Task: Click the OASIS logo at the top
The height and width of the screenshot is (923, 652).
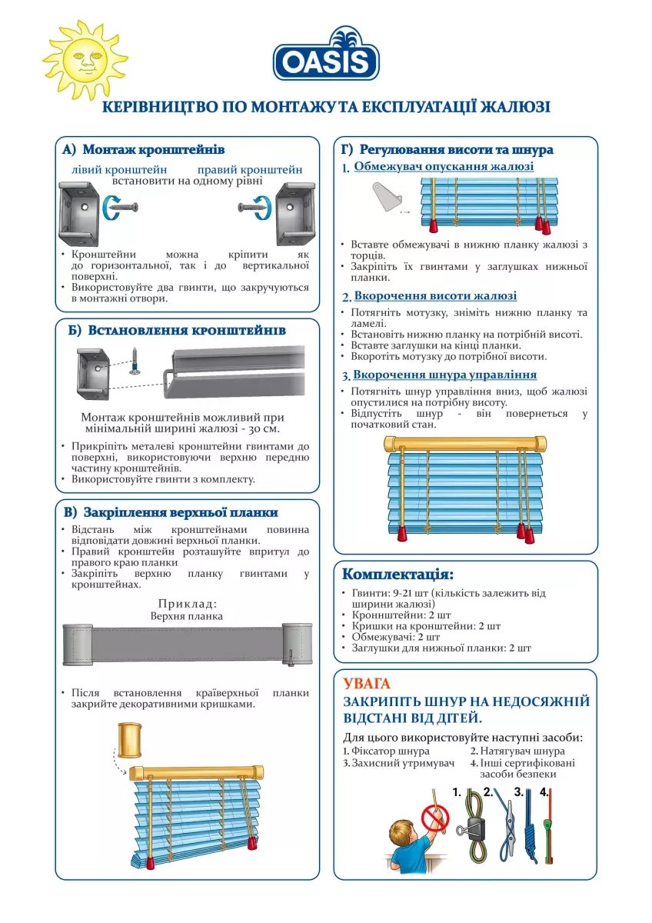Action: pos(326,55)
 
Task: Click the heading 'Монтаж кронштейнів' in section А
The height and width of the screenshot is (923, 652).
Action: pos(153,149)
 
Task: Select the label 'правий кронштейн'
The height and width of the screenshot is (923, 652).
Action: pos(250,169)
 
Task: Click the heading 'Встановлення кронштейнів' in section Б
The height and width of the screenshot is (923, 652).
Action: pos(187,331)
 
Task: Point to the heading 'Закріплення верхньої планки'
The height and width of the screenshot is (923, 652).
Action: pos(181,512)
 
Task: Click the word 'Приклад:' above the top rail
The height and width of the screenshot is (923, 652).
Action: pos(188,604)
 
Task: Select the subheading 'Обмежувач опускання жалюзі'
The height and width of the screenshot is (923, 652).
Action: pos(444,166)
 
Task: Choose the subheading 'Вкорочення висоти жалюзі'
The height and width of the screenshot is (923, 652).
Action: pos(435,296)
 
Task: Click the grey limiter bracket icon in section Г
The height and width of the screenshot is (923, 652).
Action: pos(389,195)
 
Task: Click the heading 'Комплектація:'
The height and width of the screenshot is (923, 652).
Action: pos(398,575)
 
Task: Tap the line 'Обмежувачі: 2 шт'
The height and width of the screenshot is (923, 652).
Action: pos(395,637)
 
